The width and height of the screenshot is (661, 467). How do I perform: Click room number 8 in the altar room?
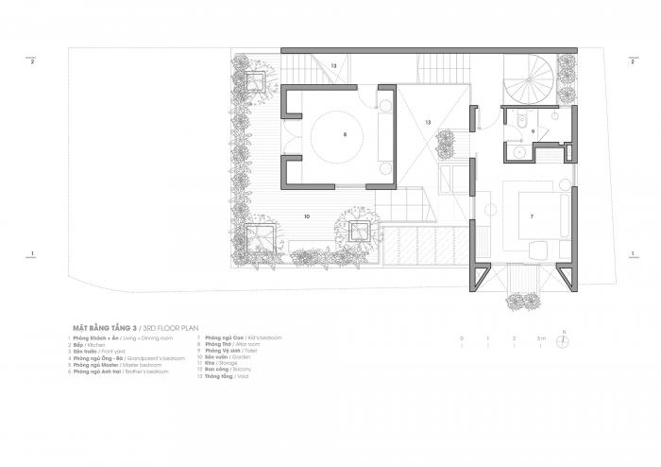click(345, 135)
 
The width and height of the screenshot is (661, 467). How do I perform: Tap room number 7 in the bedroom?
click(532, 216)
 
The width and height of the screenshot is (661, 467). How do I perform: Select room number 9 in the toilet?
click(534, 131)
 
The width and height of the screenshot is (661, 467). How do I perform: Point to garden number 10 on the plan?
click(307, 216)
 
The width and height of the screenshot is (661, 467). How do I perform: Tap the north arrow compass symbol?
click(563, 341)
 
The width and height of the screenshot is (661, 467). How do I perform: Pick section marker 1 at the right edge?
click(631, 253)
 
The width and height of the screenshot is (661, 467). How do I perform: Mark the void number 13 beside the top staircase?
click(332, 65)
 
